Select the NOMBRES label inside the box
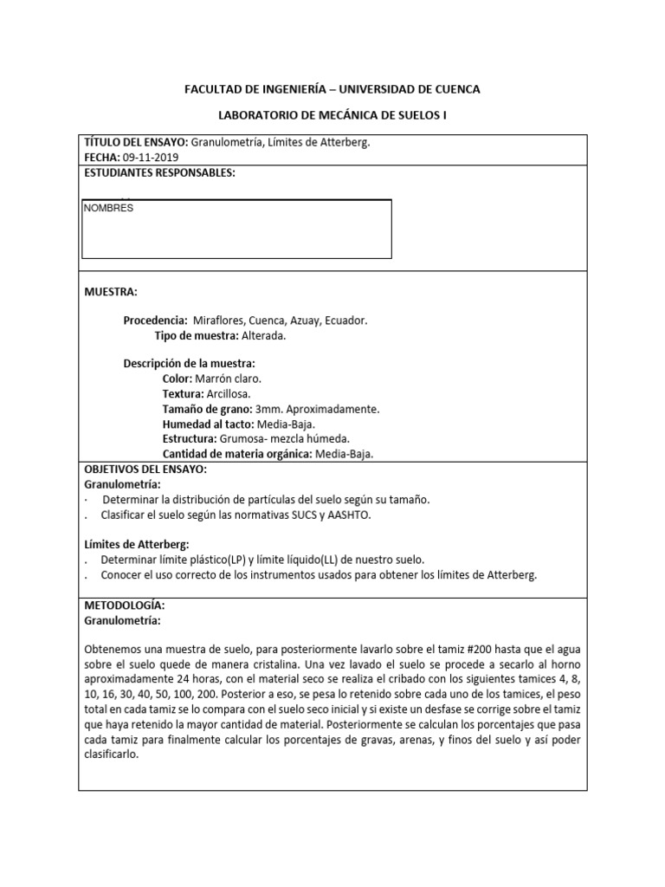click(x=108, y=209)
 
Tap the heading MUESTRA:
click(x=110, y=292)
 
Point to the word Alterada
click(x=263, y=335)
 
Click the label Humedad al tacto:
click(x=207, y=424)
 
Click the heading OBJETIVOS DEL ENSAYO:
click(x=145, y=469)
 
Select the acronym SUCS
click(x=308, y=515)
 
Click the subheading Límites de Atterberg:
click(x=135, y=544)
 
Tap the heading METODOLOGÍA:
click(x=124, y=605)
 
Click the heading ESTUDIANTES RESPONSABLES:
click(x=159, y=173)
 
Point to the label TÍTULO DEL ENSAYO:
click(x=135, y=143)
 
